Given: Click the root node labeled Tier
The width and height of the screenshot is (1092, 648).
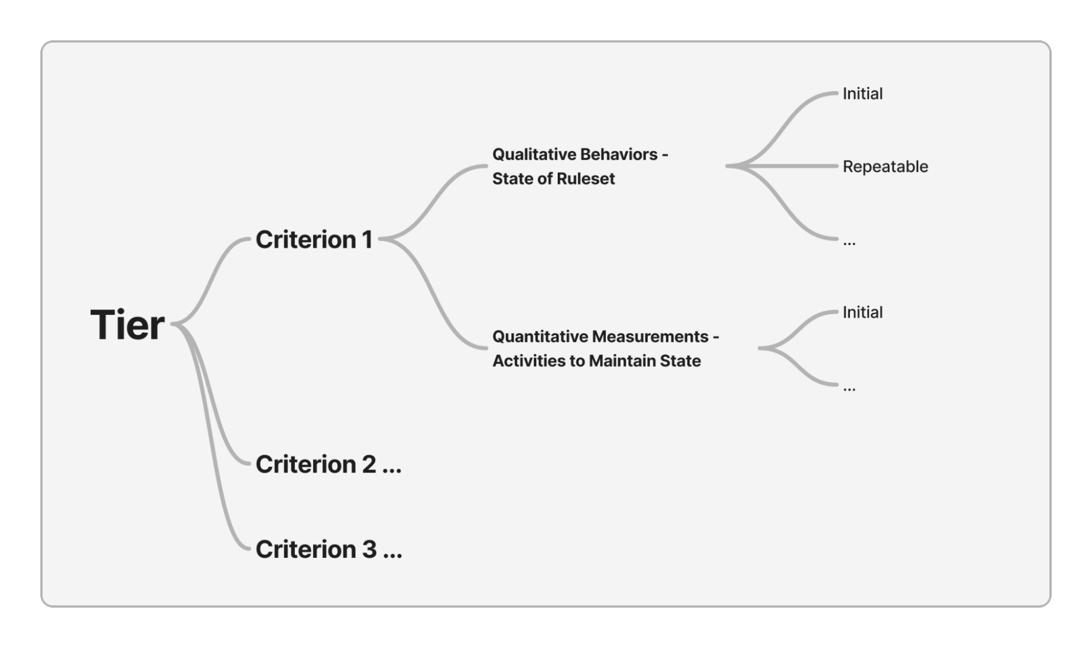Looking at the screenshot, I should tap(127, 325).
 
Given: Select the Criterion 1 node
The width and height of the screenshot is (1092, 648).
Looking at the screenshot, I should tap(314, 240).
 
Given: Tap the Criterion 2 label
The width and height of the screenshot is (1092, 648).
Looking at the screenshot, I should tap(328, 465).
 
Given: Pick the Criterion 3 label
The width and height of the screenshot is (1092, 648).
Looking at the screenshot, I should tap(328, 549).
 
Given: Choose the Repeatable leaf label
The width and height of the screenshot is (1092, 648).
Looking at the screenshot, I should tap(885, 167).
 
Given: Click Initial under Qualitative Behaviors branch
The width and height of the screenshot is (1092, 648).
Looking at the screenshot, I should tap(862, 94).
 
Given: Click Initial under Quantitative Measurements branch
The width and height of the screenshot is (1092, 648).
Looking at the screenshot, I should tap(862, 312).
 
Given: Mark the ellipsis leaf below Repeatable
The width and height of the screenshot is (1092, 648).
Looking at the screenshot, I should tap(849, 242).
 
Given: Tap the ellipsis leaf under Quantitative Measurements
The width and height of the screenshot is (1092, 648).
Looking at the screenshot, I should tap(849, 388).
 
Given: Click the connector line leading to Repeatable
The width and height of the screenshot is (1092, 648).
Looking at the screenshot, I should tap(792, 166).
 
